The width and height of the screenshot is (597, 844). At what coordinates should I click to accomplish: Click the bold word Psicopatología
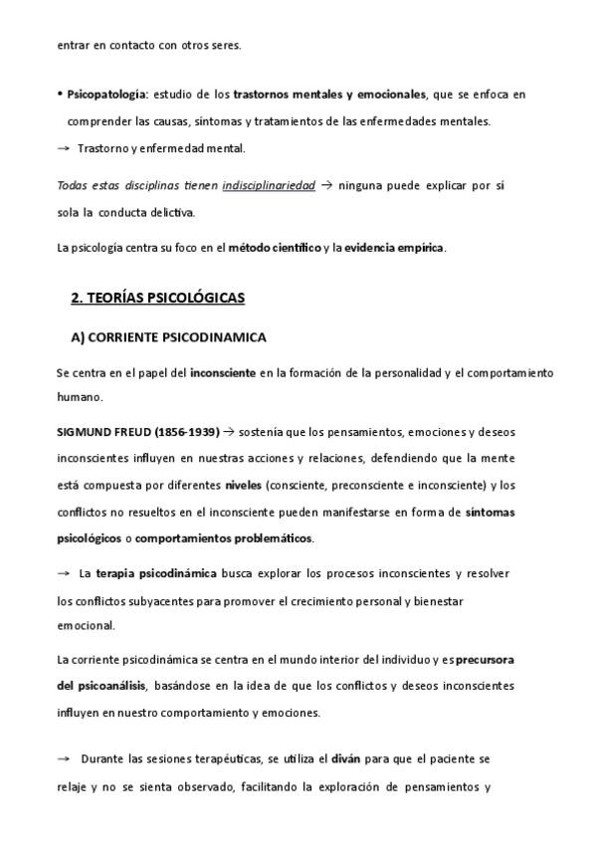coord(105,95)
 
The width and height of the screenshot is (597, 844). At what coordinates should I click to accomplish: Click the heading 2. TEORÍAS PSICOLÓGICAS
coord(158,298)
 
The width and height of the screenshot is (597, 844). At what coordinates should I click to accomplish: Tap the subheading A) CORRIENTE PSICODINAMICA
coord(168,337)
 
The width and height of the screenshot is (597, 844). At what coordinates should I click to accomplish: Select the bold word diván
coord(344,758)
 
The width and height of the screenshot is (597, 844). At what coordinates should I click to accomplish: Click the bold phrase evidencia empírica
coord(395,248)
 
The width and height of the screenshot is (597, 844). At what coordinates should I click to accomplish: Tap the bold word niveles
coord(243,486)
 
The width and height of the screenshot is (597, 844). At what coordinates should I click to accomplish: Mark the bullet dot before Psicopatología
coord(60,95)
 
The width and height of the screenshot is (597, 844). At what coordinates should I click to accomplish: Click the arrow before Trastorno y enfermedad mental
coord(64,148)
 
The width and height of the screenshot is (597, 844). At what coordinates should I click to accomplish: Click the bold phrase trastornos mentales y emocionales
coord(329,95)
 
